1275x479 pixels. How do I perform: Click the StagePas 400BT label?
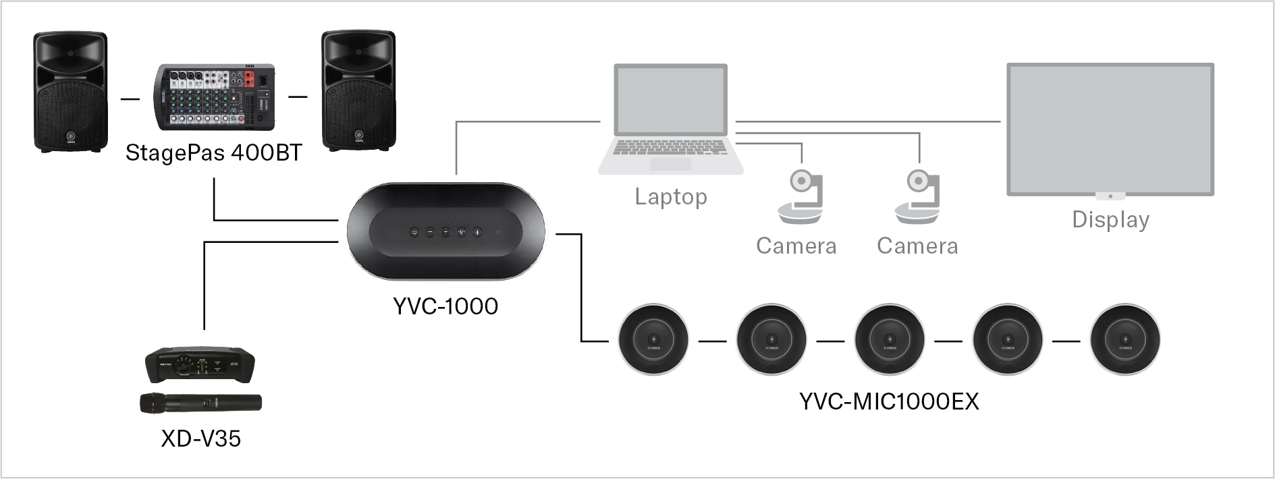point(213,153)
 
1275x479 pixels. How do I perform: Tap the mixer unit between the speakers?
point(215,97)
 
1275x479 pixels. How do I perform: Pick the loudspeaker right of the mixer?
point(358,90)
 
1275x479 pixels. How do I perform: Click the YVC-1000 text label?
point(445,306)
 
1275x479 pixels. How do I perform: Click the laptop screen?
point(670,101)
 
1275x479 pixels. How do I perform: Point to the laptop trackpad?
point(670,164)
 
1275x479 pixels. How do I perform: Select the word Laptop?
point(671,197)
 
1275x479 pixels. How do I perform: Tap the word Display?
point(1110,220)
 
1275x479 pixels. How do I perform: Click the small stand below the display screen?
point(1110,196)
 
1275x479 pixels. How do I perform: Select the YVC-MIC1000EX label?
point(889,402)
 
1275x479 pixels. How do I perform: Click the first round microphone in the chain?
point(653,340)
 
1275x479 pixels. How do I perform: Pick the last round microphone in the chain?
point(1125,340)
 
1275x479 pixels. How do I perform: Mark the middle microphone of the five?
point(889,340)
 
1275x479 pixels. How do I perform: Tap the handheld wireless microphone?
point(200,403)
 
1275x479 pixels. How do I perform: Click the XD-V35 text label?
point(201,439)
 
